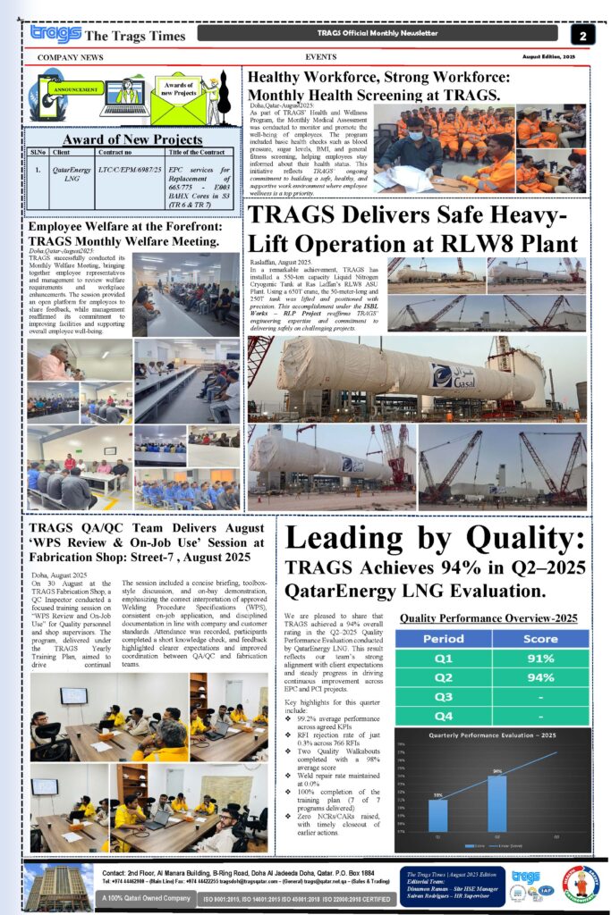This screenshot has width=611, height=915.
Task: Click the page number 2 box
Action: (x=582, y=35)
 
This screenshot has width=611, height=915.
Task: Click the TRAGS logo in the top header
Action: (x=55, y=34)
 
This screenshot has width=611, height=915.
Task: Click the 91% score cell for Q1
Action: (x=540, y=659)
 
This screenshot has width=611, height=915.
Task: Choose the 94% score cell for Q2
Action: (x=540, y=678)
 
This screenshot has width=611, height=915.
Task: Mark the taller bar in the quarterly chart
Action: (x=497, y=802)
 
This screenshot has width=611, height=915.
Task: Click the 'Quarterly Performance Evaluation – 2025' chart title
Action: (x=492, y=735)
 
